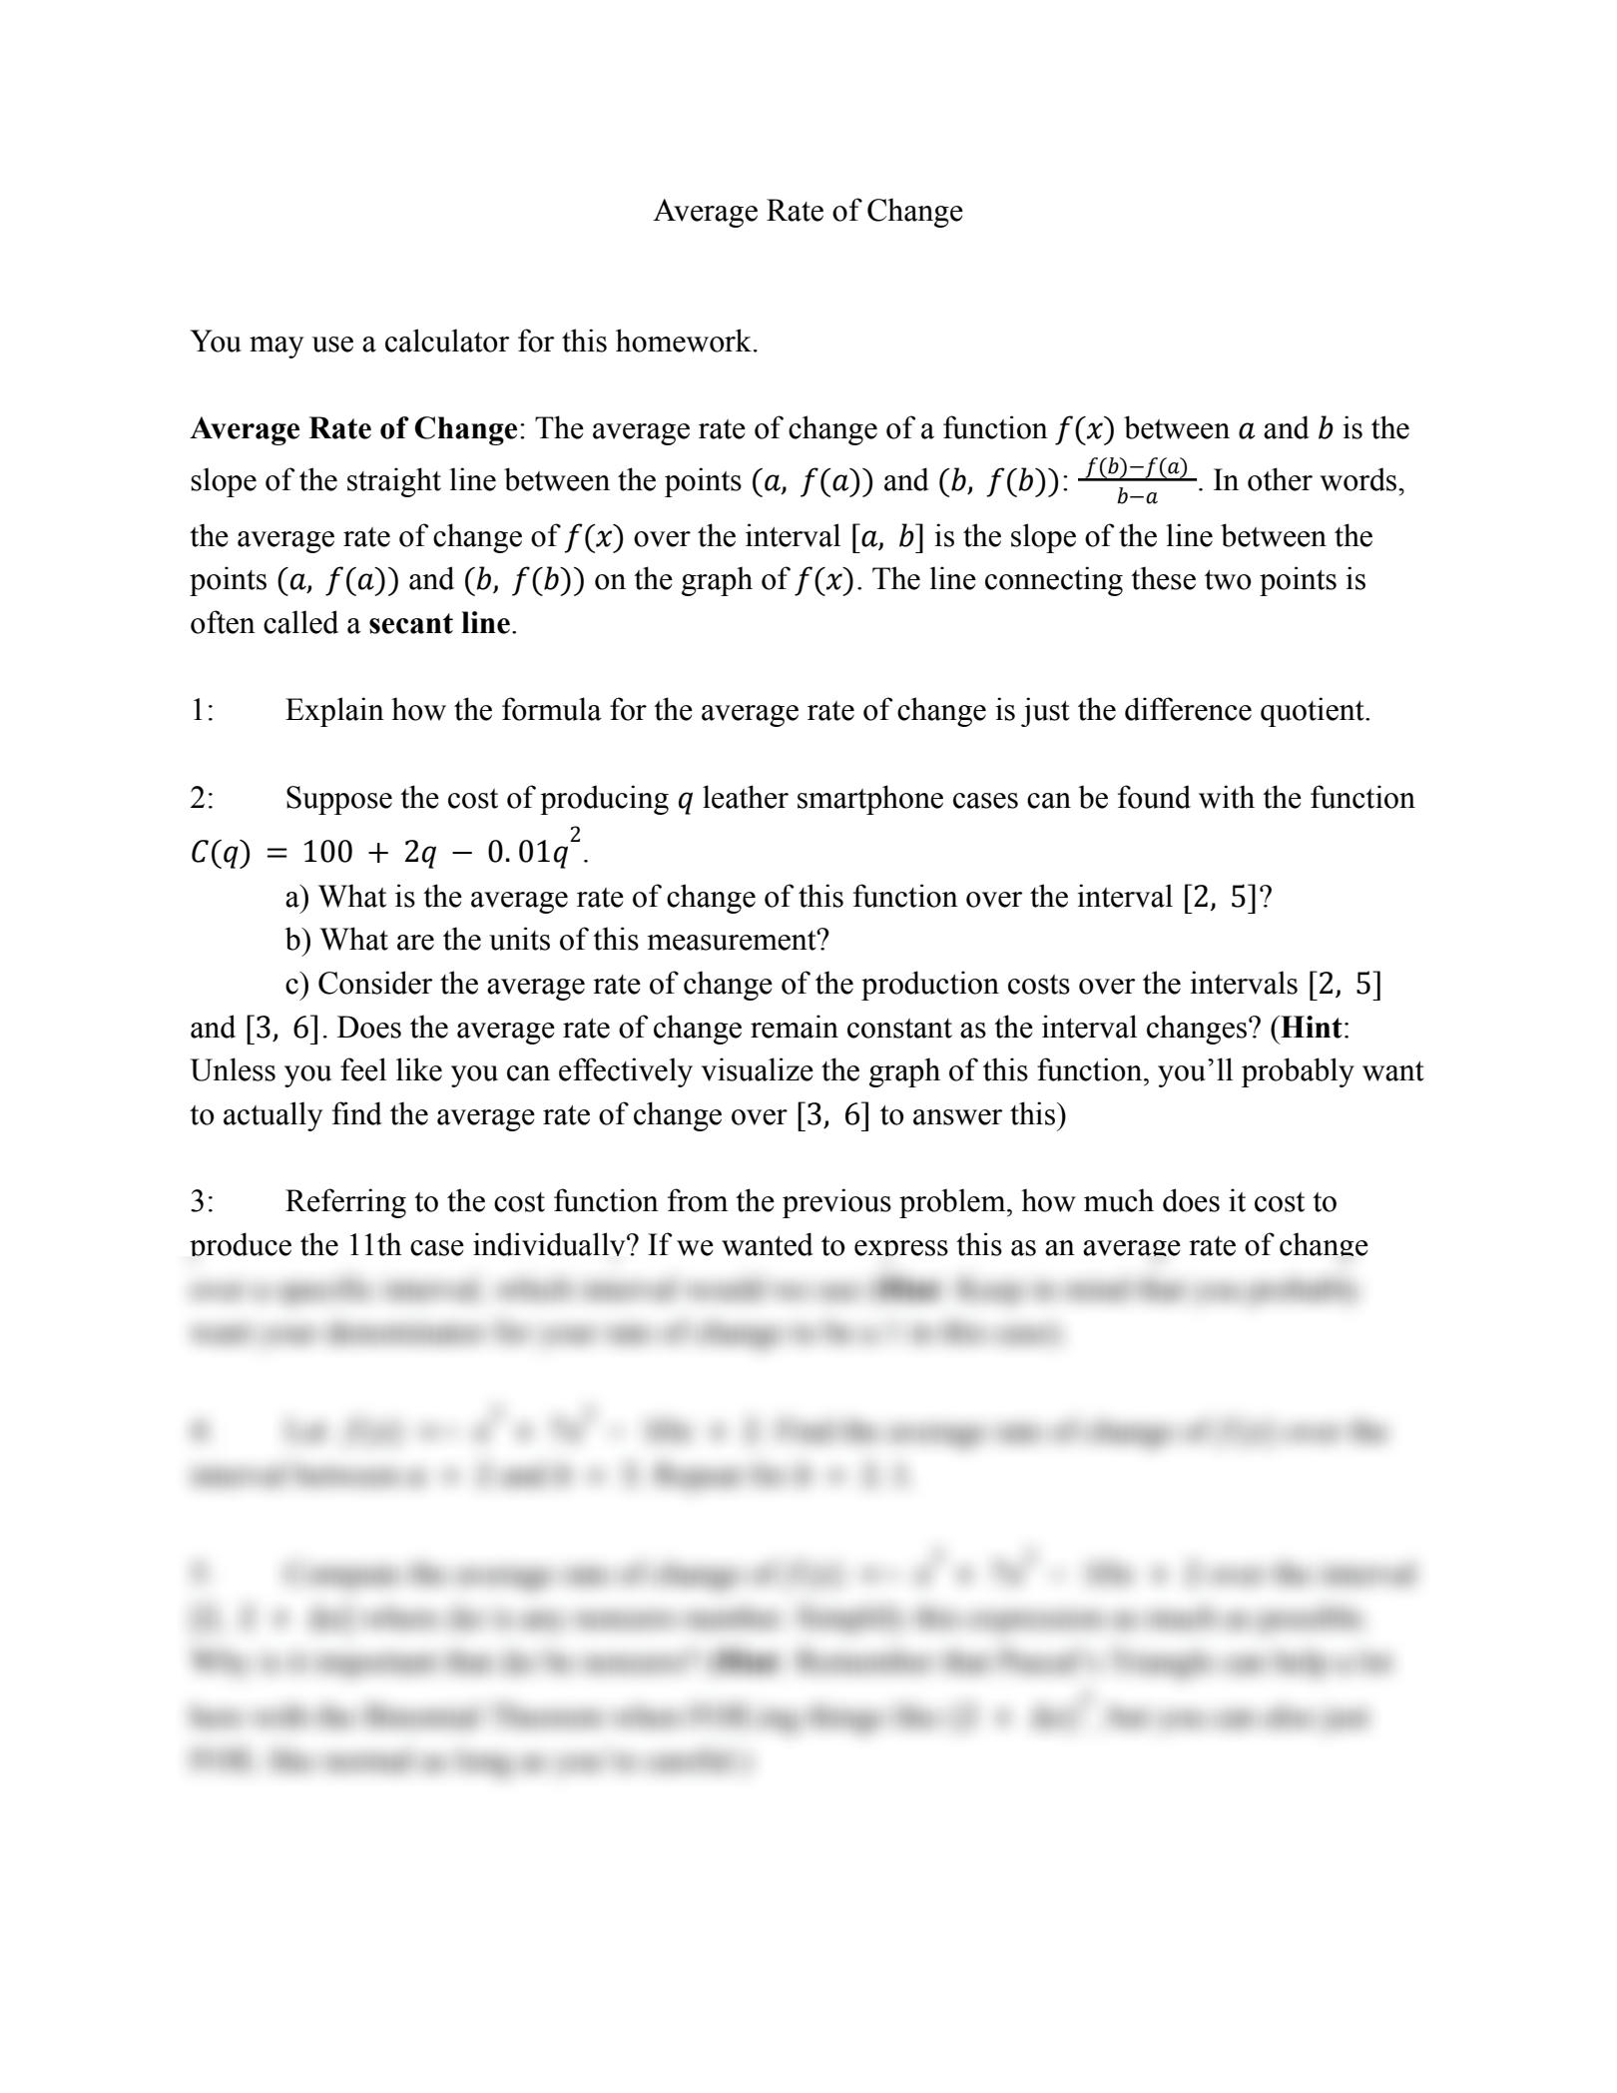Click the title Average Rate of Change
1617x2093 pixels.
pyautogui.click(x=808, y=212)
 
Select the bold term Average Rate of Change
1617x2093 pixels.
pyautogui.click(x=353, y=429)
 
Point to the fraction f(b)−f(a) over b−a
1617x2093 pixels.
pyautogui.click(x=1137, y=480)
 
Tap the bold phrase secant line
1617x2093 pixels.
pyautogui.click(x=439, y=624)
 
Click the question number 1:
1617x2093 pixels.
pyautogui.click(x=202, y=711)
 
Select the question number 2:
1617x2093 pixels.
pyautogui.click(x=202, y=799)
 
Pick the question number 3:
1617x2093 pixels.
pyautogui.click(x=202, y=1202)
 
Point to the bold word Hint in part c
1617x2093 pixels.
pyautogui.click(x=1312, y=1029)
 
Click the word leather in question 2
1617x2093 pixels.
pyautogui.click(x=746, y=799)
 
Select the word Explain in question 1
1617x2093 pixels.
pyautogui.click(x=333, y=711)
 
